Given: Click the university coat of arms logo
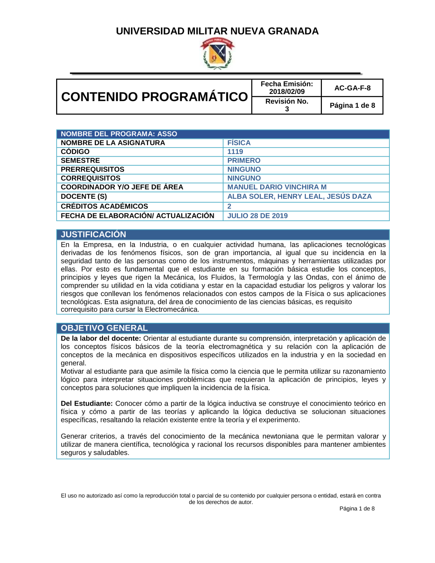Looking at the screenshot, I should click(x=217, y=54).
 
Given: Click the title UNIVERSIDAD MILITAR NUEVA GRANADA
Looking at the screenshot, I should click(x=217, y=31).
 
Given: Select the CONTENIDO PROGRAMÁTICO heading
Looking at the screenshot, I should click(x=154, y=97).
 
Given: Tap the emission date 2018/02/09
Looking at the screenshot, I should click(x=287, y=91).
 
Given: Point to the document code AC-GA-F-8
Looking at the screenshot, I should click(x=352, y=88).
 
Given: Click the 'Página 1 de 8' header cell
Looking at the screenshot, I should click(x=352, y=105).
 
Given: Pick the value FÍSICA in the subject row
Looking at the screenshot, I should click(x=239, y=143).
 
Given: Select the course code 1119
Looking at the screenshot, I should click(x=235, y=152).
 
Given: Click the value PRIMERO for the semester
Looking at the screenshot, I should click(x=244, y=161).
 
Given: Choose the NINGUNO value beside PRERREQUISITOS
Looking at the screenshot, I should click(x=244, y=169).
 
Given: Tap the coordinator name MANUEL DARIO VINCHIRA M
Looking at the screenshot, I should click(x=277, y=187).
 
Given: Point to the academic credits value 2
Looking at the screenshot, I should click(x=229, y=206).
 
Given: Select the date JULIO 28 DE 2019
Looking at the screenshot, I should click(x=258, y=216).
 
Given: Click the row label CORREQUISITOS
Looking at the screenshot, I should click(x=90, y=178).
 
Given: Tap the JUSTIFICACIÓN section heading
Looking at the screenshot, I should click(x=94, y=235).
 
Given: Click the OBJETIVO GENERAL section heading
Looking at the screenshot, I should click(x=104, y=328).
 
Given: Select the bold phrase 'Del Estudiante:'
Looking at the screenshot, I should click(x=87, y=404).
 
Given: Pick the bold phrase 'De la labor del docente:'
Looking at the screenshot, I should click(x=101, y=338).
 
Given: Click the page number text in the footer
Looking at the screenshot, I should click(x=357, y=509).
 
